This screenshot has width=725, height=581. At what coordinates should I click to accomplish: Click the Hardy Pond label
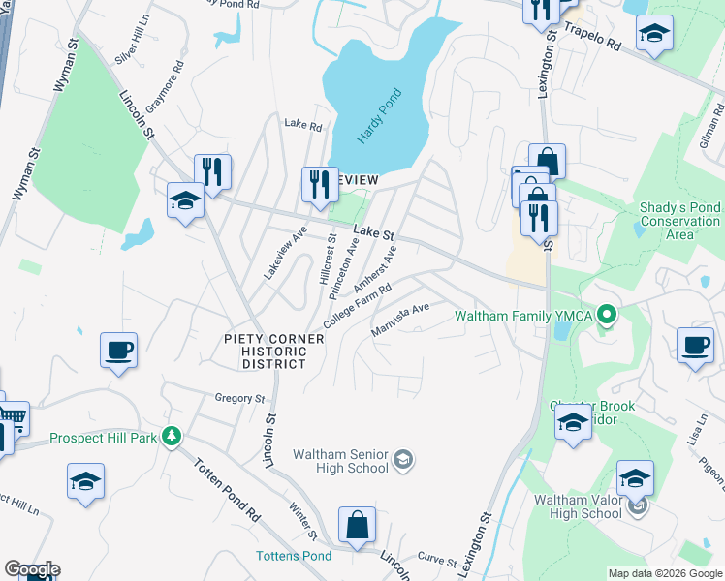pyautogui.click(x=378, y=116)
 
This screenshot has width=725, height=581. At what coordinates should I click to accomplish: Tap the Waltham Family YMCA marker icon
pyautogui.click(x=608, y=314)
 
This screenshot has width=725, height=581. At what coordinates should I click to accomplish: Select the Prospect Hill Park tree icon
pyautogui.click(x=172, y=438)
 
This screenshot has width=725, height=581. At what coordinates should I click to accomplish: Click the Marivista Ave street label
pyautogui.click(x=400, y=320)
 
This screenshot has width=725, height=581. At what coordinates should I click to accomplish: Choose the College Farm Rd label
pyautogui.click(x=357, y=305)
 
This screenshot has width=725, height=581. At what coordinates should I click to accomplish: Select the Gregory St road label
pyautogui.click(x=239, y=398)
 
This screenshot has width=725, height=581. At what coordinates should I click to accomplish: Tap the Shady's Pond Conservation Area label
pyautogui.click(x=679, y=221)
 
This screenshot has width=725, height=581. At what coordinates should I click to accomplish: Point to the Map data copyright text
pyautogui.click(x=665, y=573)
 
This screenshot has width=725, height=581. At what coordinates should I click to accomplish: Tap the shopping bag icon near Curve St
pyautogui.click(x=358, y=525)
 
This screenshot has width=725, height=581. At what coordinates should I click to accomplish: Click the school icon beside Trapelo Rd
pyautogui.click(x=655, y=34)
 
